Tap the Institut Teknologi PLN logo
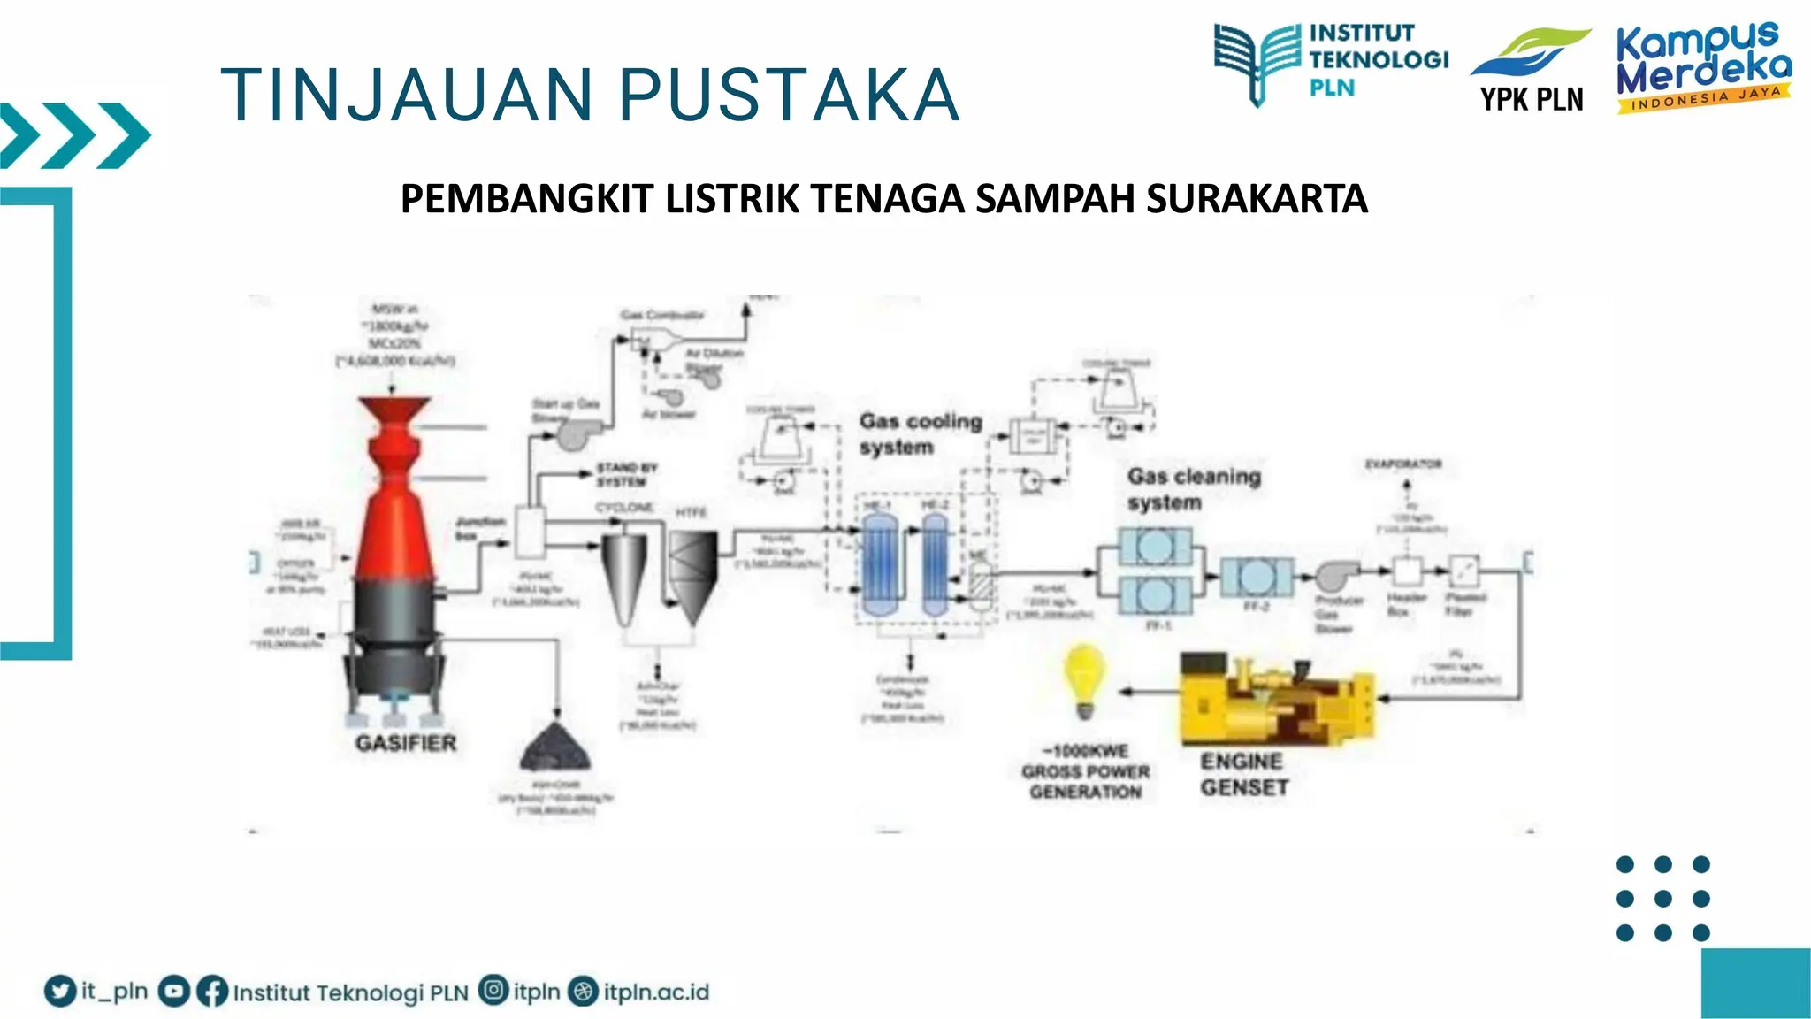(x=1331, y=62)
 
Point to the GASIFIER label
(x=406, y=743)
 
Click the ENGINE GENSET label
(x=1243, y=774)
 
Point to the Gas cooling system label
(x=921, y=433)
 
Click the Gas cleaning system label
(x=1193, y=488)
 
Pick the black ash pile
(x=554, y=747)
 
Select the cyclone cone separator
(x=625, y=575)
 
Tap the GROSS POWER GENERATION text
(x=1085, y=772)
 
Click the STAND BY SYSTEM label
(x=626, y=474)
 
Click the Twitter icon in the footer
(x=60, y=991)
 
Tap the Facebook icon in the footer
(x=212, y=991)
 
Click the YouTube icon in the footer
(x=173, y=991)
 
